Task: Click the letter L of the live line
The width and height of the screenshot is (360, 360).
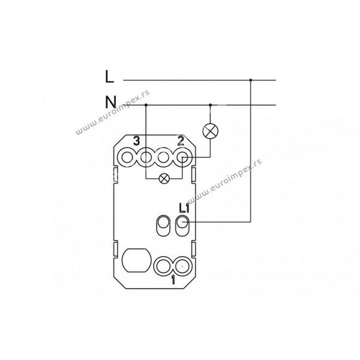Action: pos(109,76)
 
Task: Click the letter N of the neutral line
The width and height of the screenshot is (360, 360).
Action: pos(110,102)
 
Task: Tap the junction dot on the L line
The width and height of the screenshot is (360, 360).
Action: pos(251,80)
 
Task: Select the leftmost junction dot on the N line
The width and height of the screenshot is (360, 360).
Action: pos(146,105)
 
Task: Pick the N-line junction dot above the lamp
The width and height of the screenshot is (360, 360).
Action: pos(211,105)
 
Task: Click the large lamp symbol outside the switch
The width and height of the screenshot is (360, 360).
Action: pos(211,131)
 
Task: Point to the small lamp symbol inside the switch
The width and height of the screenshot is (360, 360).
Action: pos(164,179)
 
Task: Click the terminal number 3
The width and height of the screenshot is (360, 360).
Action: pos(137,141)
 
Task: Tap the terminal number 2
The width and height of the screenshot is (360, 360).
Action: pos(181,141)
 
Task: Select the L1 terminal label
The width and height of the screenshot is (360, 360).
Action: pos(184,208)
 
